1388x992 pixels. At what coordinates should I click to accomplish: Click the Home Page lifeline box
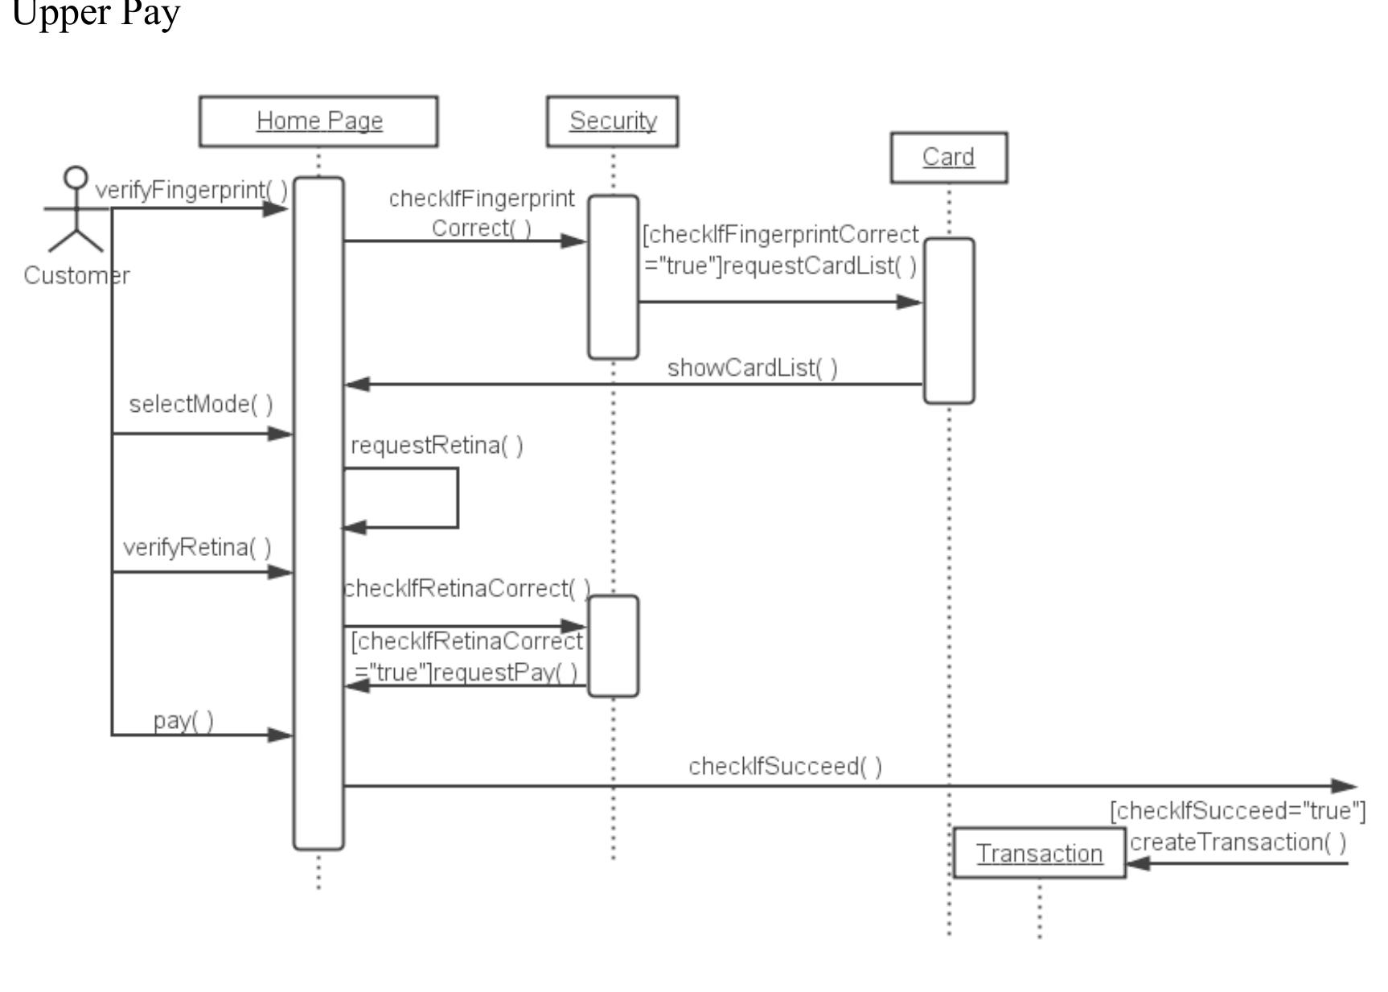[318, 121]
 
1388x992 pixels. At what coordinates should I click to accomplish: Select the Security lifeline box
[612, 121]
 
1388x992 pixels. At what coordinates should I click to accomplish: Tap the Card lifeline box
[948, 158]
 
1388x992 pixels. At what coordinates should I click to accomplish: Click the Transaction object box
[1039, 854]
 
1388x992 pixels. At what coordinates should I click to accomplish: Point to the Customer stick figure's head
[76, 177]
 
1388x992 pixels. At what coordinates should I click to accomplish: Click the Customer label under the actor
[76, 276]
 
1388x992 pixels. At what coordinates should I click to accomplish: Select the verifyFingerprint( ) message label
[191, 191]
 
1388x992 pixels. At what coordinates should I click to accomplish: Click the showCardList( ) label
[752, 368]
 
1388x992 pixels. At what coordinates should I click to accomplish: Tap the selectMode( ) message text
[200, 404]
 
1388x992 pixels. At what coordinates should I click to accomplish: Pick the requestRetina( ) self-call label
[437, 445]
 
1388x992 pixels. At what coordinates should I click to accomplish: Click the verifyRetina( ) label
[197, 548]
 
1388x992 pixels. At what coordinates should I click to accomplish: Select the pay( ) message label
[183, 720]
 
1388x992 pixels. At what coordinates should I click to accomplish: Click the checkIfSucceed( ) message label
[785, 766]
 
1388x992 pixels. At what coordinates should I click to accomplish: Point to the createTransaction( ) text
[1237, 842]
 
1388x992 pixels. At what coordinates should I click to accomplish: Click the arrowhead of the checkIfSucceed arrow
[1345, 786]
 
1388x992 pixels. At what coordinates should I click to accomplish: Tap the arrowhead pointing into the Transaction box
[1138, 864]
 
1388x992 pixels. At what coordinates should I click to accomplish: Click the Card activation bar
[948, 320]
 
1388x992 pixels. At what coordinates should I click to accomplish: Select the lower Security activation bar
[613, 646]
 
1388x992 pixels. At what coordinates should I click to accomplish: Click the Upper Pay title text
[96, 14]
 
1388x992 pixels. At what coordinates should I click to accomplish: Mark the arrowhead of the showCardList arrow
[357, 385]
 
